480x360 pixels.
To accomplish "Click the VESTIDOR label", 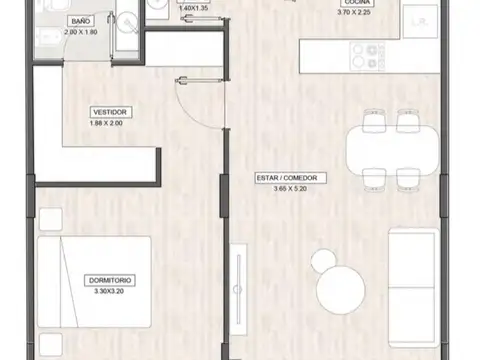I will click(x=108, y=112).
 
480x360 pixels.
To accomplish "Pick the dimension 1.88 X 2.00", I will click(x=108, y=123).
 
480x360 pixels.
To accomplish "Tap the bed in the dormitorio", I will click(x=95, y=280).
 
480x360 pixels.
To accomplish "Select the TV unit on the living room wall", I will click(x=238, y=291).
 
